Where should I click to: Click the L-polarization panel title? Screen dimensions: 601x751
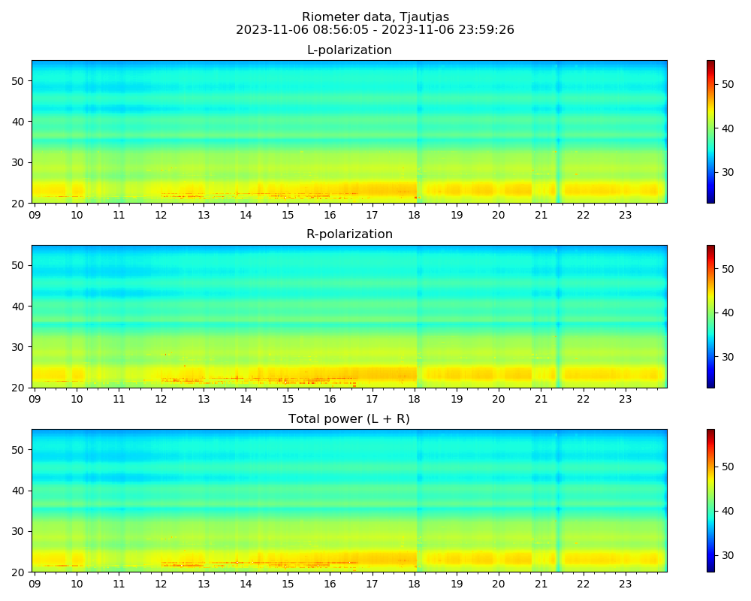(349, 50)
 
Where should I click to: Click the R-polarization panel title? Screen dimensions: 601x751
(349, 234)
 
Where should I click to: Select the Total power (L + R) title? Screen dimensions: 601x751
(349, 419)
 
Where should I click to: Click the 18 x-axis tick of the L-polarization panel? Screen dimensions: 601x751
(414, 215)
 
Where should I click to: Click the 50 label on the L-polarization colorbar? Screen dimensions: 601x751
(728, 84)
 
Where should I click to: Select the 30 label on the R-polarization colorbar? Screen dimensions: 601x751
(728, 357)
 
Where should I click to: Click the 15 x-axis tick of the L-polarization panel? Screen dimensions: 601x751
(288, 215)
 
